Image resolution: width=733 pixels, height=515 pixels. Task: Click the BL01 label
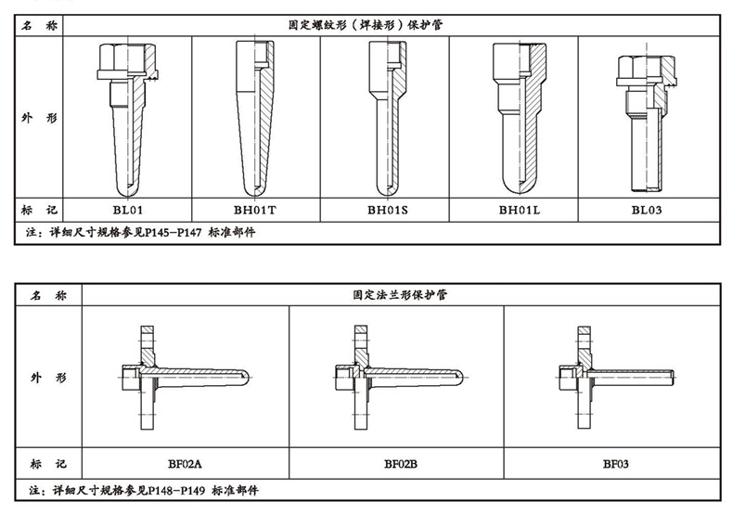pos(127,210)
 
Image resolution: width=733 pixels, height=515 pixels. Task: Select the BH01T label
pos(255,210)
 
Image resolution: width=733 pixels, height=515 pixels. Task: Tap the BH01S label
pos(386,210)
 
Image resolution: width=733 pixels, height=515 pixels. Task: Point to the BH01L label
pos(514,210)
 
